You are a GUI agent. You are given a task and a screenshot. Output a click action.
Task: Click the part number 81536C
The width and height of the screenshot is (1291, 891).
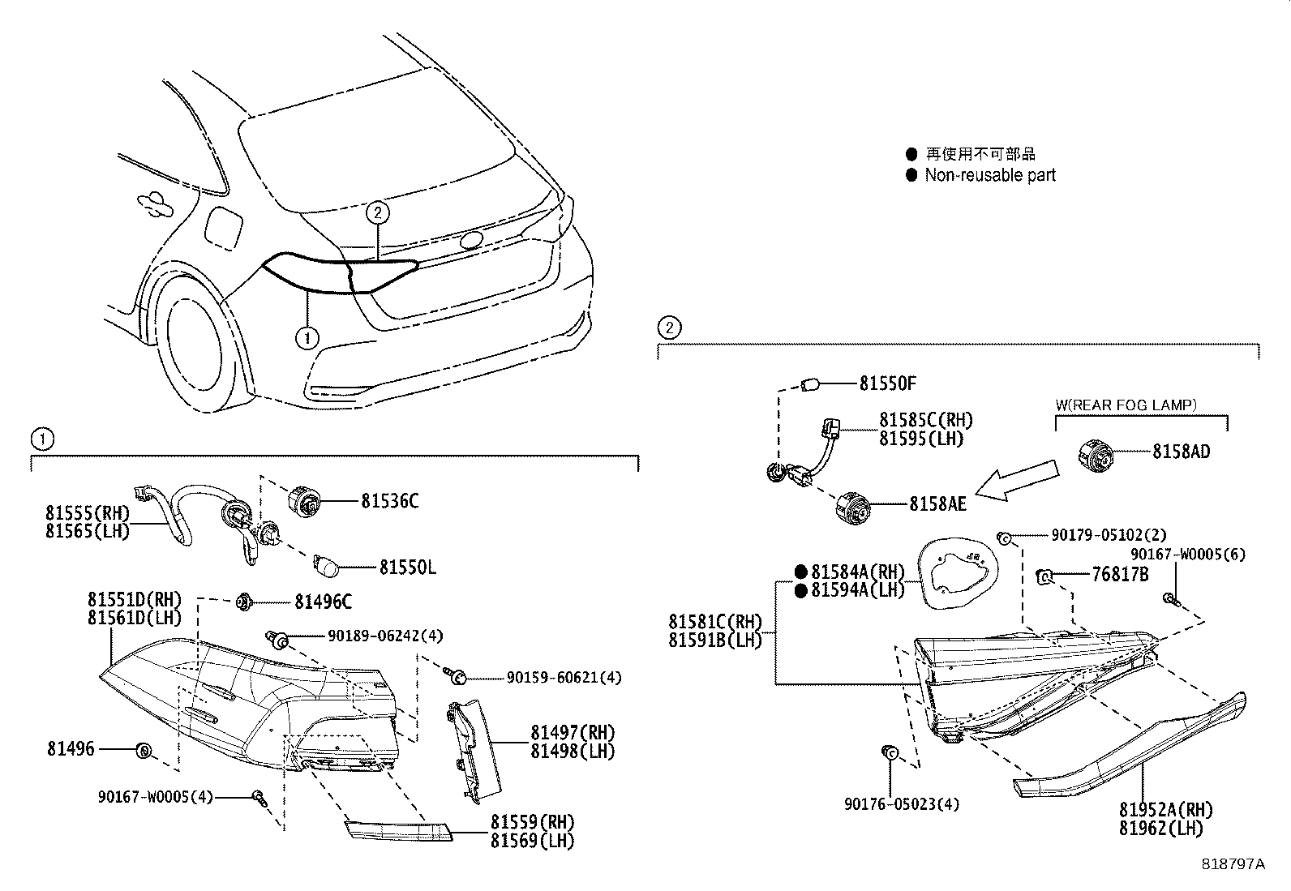coord(389,501)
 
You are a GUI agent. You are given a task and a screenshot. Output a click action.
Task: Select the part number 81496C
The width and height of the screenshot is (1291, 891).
coord(323,602)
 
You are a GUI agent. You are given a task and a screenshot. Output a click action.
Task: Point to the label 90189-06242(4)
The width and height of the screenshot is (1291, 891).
coord(385,636)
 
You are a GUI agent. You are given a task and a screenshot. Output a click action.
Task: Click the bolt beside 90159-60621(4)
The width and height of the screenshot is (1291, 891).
coord(455,675)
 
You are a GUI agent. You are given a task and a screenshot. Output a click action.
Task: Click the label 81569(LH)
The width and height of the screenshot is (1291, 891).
coord(532,841)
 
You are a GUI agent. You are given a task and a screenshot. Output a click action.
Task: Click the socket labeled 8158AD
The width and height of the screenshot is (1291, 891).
coord(1098,454)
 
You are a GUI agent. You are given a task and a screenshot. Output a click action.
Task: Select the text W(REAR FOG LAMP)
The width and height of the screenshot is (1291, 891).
coord(1126,404)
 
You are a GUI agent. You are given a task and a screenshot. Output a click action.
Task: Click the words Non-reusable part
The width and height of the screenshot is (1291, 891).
coord(990,175)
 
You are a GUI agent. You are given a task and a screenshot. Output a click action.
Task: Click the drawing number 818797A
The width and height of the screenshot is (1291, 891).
coord(1233,863)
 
